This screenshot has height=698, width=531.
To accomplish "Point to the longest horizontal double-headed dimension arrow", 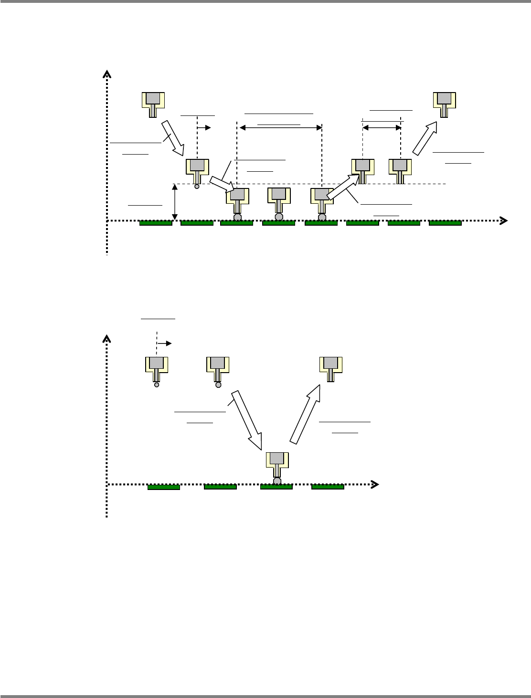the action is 281,127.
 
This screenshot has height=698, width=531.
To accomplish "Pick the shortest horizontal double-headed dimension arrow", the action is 382,127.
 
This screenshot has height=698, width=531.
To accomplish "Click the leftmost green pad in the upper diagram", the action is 156,223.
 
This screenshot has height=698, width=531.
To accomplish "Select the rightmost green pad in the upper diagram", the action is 445,223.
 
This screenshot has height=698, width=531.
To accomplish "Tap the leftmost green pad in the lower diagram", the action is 164,487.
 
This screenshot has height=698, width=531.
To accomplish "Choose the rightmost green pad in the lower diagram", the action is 328,487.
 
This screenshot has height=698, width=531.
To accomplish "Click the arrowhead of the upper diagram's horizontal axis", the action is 503,220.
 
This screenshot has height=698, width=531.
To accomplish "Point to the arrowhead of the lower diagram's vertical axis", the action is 107,339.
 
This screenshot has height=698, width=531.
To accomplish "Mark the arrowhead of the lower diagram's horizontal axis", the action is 375,484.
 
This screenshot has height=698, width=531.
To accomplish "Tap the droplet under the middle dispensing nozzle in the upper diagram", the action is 279,217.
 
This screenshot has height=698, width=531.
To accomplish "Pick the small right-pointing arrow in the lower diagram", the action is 165,343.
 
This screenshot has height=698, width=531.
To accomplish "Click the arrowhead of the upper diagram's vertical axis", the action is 107,74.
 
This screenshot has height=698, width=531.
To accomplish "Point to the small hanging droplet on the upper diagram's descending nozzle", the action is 197,187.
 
